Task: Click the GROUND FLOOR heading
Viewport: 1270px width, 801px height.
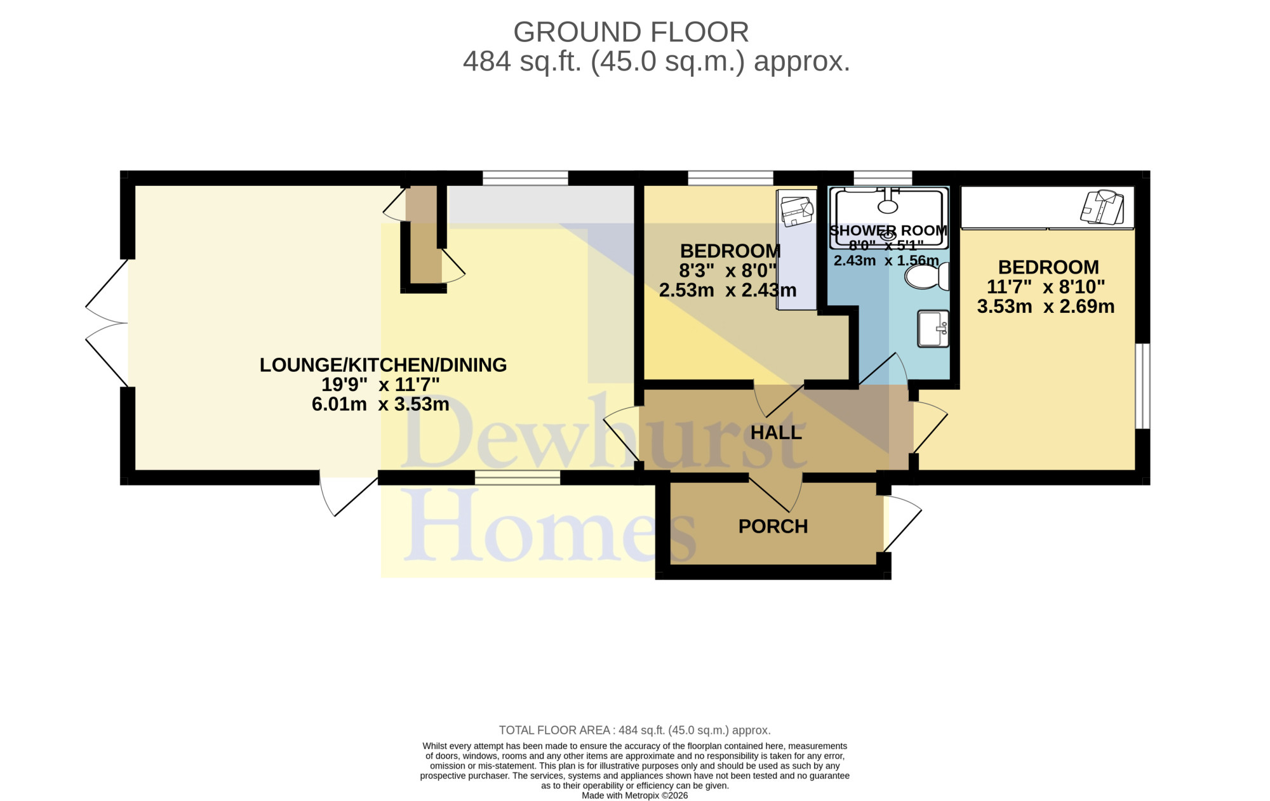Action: [x=631, y=32]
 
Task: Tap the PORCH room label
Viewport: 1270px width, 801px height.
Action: [x=773, y=526]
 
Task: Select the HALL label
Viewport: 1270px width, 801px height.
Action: [x=776, y=432]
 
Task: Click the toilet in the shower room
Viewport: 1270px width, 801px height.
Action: [x=926, y=277]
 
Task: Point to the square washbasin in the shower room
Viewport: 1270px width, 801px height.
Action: [x=933, y=328]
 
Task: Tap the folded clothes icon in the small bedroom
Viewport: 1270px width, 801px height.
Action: [x=797, y=211]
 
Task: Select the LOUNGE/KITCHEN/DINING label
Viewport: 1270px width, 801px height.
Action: [x=383, y=365]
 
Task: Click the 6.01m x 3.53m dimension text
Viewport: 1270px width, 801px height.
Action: [x=380, y=404]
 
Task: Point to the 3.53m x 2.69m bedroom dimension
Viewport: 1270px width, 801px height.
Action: [x=1046, y=307]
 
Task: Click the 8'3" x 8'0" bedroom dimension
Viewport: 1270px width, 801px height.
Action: [x=728, y=271]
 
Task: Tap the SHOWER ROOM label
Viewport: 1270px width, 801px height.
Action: [x=888, y=230]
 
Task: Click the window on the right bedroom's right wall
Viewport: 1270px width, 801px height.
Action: [x=1142, y=386]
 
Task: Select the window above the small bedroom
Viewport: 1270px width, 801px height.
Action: [x=730, y=178]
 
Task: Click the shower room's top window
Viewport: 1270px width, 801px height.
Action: [x=883, y=178]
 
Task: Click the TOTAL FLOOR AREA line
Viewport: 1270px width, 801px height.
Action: [x=634, y=730]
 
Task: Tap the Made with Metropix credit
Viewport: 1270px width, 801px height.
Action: [x=634, y=795]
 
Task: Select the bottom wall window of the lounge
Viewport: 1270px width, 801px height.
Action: [x=518, y=477]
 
